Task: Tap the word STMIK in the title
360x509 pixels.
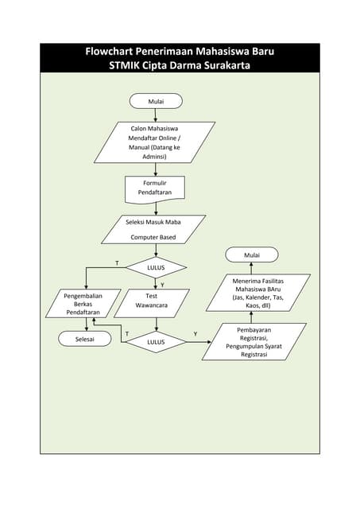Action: pyautogui.click(x=125, y=65)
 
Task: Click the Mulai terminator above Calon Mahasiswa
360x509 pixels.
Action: pyautogui.click(x=156, y=101)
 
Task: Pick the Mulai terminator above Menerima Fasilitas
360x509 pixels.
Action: pyautogui.click(x=251, y=254)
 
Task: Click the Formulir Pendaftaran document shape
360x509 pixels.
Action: pyautogui.click(x=155, y=188)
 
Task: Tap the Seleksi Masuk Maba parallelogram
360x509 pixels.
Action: pyautogui.click(x=153, y=228)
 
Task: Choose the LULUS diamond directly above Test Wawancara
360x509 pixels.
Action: pyautogui.click(x=156, y=267)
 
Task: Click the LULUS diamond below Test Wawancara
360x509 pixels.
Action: pyautogui.click(x=156, y=342)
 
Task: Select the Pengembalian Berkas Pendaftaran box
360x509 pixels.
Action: pyautogui.click(x=82, y=304)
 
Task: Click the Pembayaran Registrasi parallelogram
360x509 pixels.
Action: pyautogui.click(x=253, y=342)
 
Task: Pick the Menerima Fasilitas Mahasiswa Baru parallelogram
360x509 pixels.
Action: pyautogui.click(x=252, y=293)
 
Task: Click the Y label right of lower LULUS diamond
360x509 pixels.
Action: pyautogui.click(x=195, y=334)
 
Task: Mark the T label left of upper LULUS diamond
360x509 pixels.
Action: pyautogui.click(x=117, y=262)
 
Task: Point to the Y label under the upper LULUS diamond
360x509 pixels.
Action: pyautogui.click(x=162, y=284)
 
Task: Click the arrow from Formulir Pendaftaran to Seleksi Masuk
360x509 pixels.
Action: pyautogui.click(x=156, y=208)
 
